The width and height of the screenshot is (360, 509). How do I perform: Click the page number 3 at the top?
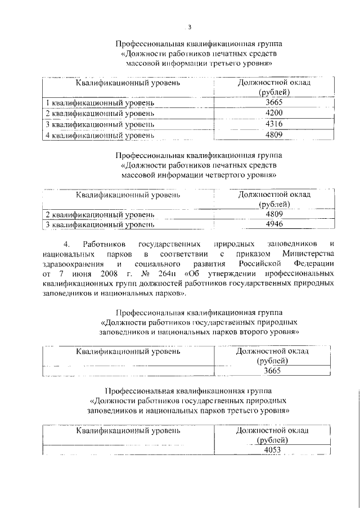[x=190, y=27]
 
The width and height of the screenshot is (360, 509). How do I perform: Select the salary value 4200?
[x=275, y=114]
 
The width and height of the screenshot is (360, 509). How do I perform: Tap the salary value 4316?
[x=275, y=124]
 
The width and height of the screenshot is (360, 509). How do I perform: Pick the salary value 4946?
[x=274, y=224]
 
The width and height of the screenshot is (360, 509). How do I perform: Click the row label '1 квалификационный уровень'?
[x=100, y=103]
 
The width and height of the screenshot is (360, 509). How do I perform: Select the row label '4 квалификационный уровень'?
[x=100, y=135]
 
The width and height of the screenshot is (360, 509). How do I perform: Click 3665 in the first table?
[x=275, y=103]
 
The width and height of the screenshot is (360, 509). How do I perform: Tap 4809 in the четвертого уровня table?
[x=274, y=214]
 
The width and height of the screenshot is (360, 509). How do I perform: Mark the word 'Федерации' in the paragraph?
[x=310, y=264]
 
